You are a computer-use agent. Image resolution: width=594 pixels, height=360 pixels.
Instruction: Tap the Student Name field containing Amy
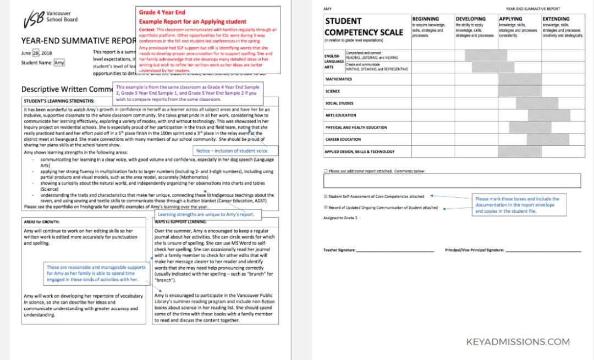(x=59, y=63)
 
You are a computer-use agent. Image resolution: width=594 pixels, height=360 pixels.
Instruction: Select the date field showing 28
(x=36, y=53)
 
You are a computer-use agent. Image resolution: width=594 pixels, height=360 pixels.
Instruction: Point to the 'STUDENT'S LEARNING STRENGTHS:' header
(x=59, y=101)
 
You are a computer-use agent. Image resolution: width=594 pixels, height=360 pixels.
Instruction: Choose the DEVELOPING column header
(x=471, y=19)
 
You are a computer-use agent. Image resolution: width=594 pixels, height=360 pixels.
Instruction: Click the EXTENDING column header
(x=556, y=19)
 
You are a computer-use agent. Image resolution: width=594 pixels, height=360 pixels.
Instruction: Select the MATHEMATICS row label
(x=339, y=79)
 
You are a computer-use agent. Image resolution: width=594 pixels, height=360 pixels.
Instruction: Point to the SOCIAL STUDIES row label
(x=339, y=103)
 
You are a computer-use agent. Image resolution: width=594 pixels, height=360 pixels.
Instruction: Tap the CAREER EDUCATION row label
(x=343, y=140)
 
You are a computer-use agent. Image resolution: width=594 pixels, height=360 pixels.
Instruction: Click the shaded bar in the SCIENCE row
(x=519, y=91)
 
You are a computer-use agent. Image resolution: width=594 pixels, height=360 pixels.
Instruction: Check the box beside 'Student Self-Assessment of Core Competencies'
(x=326, y=196)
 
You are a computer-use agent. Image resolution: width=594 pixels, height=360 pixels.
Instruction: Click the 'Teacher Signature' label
(x=339, y=250)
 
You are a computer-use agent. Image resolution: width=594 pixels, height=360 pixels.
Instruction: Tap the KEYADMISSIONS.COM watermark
(x=518, y=342)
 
